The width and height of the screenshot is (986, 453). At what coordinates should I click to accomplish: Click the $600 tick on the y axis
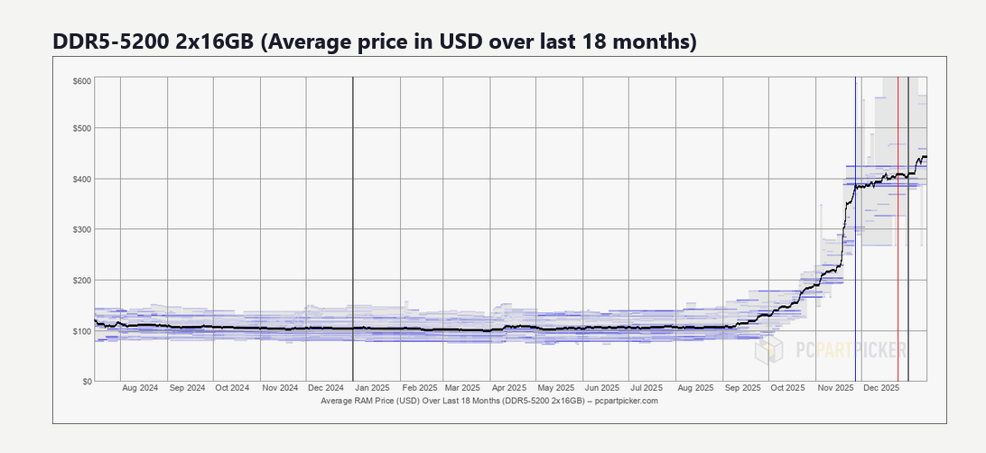81,81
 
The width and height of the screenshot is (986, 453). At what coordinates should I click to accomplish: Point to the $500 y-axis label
81,128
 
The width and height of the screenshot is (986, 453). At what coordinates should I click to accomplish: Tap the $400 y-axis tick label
81,179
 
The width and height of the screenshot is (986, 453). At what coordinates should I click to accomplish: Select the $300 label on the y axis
81,229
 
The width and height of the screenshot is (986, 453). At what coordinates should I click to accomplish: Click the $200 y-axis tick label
81,280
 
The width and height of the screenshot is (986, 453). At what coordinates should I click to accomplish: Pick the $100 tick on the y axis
81,331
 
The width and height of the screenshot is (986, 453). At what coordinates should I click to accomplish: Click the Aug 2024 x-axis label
139,389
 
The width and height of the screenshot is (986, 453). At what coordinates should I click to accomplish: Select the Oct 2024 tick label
233,389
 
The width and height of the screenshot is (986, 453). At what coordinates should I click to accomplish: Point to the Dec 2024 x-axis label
326,389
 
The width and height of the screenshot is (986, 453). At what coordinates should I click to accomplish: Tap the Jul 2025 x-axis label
648,389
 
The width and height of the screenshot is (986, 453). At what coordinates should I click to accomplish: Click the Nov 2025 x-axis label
835,389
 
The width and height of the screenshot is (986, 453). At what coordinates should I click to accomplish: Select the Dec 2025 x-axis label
881,389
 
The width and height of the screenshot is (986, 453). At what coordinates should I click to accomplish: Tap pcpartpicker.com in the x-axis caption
628,400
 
